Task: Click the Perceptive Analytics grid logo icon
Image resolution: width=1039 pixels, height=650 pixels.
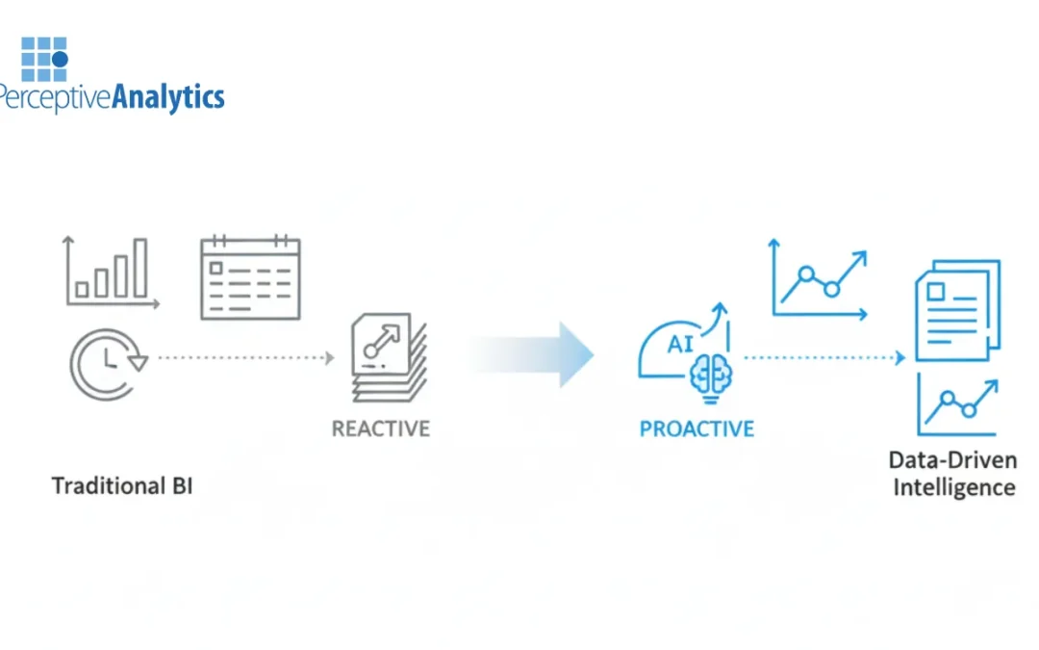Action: pos(44,59)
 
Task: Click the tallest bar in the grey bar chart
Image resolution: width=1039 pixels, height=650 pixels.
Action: pos(140,269)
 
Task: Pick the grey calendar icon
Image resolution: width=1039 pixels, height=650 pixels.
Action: pos(250,277)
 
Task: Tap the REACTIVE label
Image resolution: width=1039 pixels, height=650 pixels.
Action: pos(380,428)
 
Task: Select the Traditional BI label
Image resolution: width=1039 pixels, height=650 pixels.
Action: pos(122,484)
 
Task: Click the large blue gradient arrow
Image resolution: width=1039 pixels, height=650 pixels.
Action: pos(534,354)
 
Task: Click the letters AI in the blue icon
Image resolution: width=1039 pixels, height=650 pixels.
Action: pos(681,344)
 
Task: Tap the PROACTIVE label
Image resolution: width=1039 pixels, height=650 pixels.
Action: pos(697,428)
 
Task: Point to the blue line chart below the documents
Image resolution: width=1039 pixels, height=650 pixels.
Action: pos(957,404)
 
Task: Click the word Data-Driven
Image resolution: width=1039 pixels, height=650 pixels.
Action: pos(953,459)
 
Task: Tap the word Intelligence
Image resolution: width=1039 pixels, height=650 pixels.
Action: pos(953,487)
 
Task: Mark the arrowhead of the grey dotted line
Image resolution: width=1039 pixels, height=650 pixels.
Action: pos(329,358)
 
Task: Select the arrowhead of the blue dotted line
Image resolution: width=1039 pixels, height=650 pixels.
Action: pos(900,358)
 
